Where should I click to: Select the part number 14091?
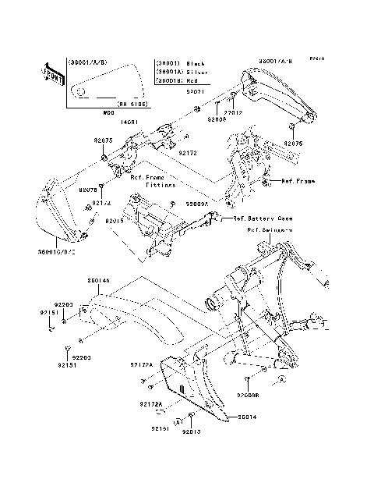click(129, 121)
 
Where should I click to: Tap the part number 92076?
click(87, 190)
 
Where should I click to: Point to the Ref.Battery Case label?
click(257, 219)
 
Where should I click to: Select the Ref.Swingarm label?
click(270, 230)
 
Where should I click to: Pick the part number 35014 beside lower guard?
click(246, 417)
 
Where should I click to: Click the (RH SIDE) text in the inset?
click(133, 102)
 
